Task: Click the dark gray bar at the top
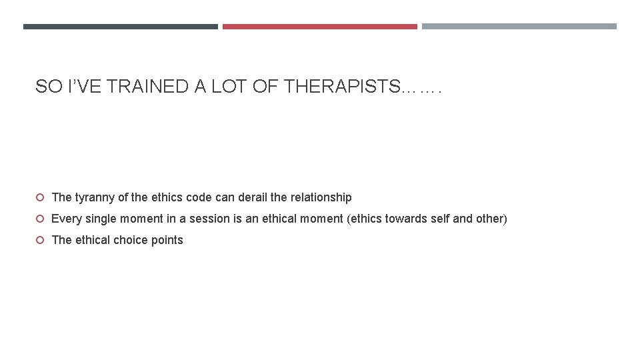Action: click(x=120, y=27)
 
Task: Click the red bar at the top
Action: click(x=319, y=27)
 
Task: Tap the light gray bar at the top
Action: click(x=519, y=27)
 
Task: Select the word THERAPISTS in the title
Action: click(x=339, y=87)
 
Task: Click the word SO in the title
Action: click(x=46, y=87)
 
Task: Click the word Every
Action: click(x=66, y=219)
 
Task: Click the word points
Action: click(x=167, y=240)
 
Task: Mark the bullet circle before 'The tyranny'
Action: click(x=40, y=197)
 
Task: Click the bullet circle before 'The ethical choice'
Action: click(x=40, y=240)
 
